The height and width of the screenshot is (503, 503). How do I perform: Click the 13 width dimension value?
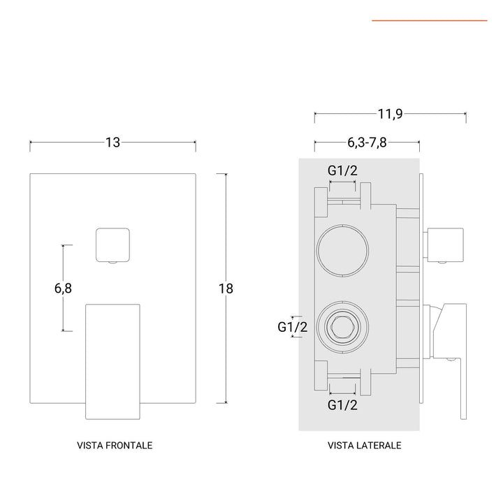click(x=112, y=143)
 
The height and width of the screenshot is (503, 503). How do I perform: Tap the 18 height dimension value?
click(x=224, y=288)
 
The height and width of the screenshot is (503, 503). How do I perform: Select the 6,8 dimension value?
click(x=64, y=288)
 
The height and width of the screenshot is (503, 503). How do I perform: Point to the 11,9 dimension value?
click(x=390, y=113)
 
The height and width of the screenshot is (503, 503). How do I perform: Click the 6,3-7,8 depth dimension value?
click(x=367, y=143)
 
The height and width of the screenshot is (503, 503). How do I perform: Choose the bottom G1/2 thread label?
click(x=343, y=404)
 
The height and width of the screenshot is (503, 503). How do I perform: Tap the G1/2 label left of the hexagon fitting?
click(x=292, y=326)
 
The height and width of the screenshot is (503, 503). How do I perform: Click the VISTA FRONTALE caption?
click(x=115, y=444)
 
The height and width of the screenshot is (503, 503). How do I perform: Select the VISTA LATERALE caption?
click(x=364, y=444)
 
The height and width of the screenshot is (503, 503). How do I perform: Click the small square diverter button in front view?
click(x=112, y=244)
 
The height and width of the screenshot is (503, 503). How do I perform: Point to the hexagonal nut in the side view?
click(x=342, y=326)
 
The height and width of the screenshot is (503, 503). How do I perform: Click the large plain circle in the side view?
click(x=342, y=249)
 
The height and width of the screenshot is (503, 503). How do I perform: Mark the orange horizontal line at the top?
click(x=429, y=21)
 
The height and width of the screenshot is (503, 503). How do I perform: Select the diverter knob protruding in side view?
click(x=447, y=244)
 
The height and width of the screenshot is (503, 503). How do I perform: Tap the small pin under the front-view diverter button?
click(x=112, y=263)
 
